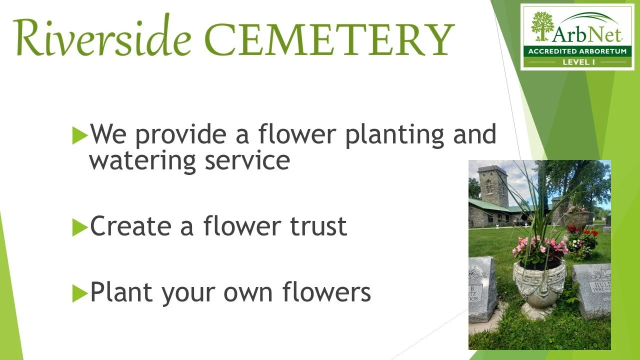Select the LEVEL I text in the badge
tap(576, 62)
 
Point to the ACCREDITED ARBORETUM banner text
tap(576, 51)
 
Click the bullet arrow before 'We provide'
tap(79, 135)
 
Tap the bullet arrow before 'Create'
tap(79, 227)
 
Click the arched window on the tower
tap(489, 186)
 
